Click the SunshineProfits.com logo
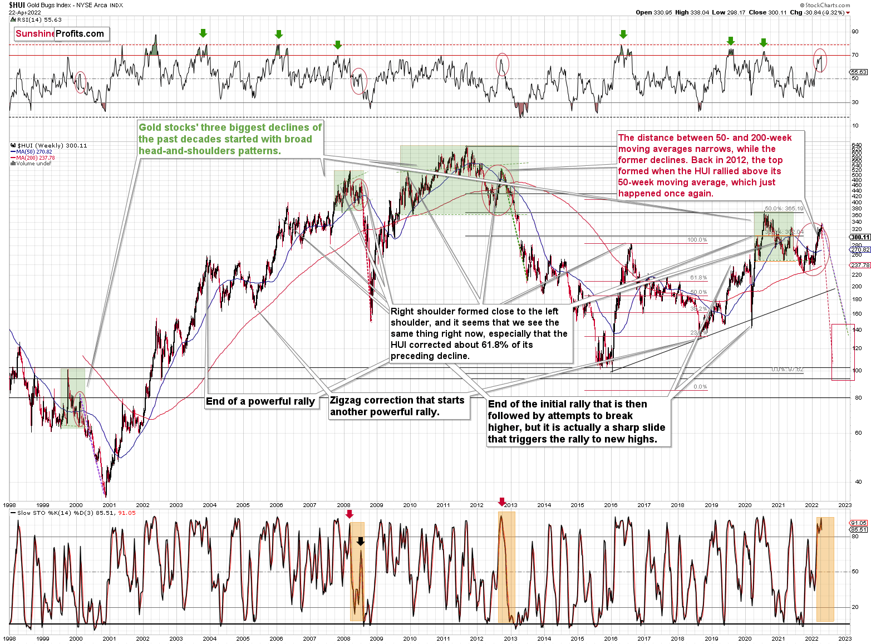tap(60, 34)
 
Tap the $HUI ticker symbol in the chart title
tap(17, 5)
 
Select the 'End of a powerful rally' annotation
tap(260, 401)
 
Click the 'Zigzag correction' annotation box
tap(397, 406)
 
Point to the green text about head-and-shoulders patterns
tap(230, 139)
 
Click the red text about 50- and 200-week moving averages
tap(705, 165)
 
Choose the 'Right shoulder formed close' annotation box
tap(479, 333)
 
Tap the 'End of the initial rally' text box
tap(577, 421)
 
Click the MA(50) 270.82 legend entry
tap(33, 151)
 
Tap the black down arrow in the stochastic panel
tap(361, 541)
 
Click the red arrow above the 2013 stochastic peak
tap(502, 502)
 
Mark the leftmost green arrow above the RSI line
tap(203, 33)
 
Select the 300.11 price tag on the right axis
tap(860, 237)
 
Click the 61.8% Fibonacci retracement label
tap(698, 277)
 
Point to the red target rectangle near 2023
tap(843, 352)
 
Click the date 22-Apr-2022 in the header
tap(24, 12)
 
